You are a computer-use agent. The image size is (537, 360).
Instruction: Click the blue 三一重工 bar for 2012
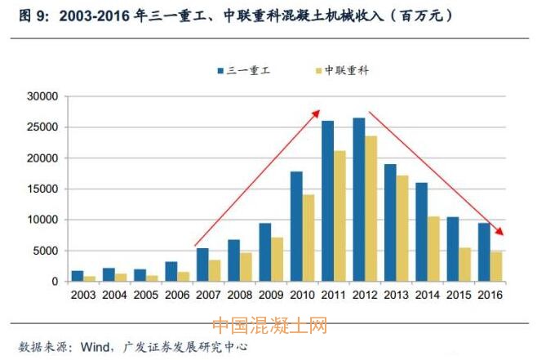[x=359, y=200]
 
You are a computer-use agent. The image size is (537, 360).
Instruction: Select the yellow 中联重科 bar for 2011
[x=340, y=216]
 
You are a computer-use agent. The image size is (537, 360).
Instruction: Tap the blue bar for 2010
[x=296, y=226]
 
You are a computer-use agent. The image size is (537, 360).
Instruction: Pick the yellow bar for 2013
[x=402, y=229]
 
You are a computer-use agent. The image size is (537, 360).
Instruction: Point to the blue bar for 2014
[x=421, y=232]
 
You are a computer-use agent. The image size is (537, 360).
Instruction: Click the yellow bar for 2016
[x=495, y=266]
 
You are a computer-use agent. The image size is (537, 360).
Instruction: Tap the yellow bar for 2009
[x=277, y=260]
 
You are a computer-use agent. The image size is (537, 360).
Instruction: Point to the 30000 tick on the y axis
[x=42, y=96]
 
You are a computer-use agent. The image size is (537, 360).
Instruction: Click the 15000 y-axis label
[x=42, y=189]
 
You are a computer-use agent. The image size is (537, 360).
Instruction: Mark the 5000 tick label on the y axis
[x=44, y=251]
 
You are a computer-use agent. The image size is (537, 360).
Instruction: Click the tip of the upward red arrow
[x=319, y=111]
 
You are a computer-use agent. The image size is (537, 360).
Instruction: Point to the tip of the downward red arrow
[x=505, y=236]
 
